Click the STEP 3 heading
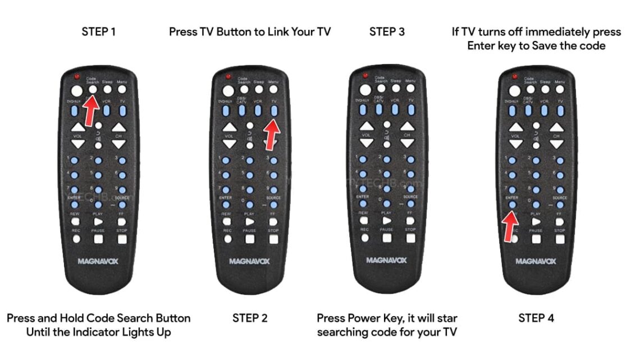[387, 31]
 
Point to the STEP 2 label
[250, 318]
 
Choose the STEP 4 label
[536, 318]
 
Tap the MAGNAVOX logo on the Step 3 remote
[387, 261]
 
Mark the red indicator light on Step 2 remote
[228, 76]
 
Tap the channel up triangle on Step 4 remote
[556, 127]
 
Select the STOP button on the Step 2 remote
[273, 239]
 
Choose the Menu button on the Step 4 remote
[560, 89]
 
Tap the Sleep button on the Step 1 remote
[108, 89]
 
